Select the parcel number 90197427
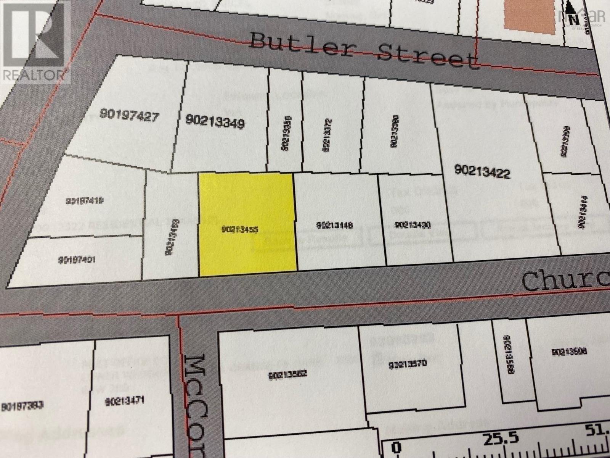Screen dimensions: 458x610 point(129,115)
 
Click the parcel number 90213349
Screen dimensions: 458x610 point(215,122)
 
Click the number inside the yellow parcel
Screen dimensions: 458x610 point(240,229)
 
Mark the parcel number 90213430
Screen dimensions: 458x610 point(413,225)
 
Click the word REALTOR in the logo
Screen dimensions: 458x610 point(34,75)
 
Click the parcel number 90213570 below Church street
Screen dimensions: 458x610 point(407,365)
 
